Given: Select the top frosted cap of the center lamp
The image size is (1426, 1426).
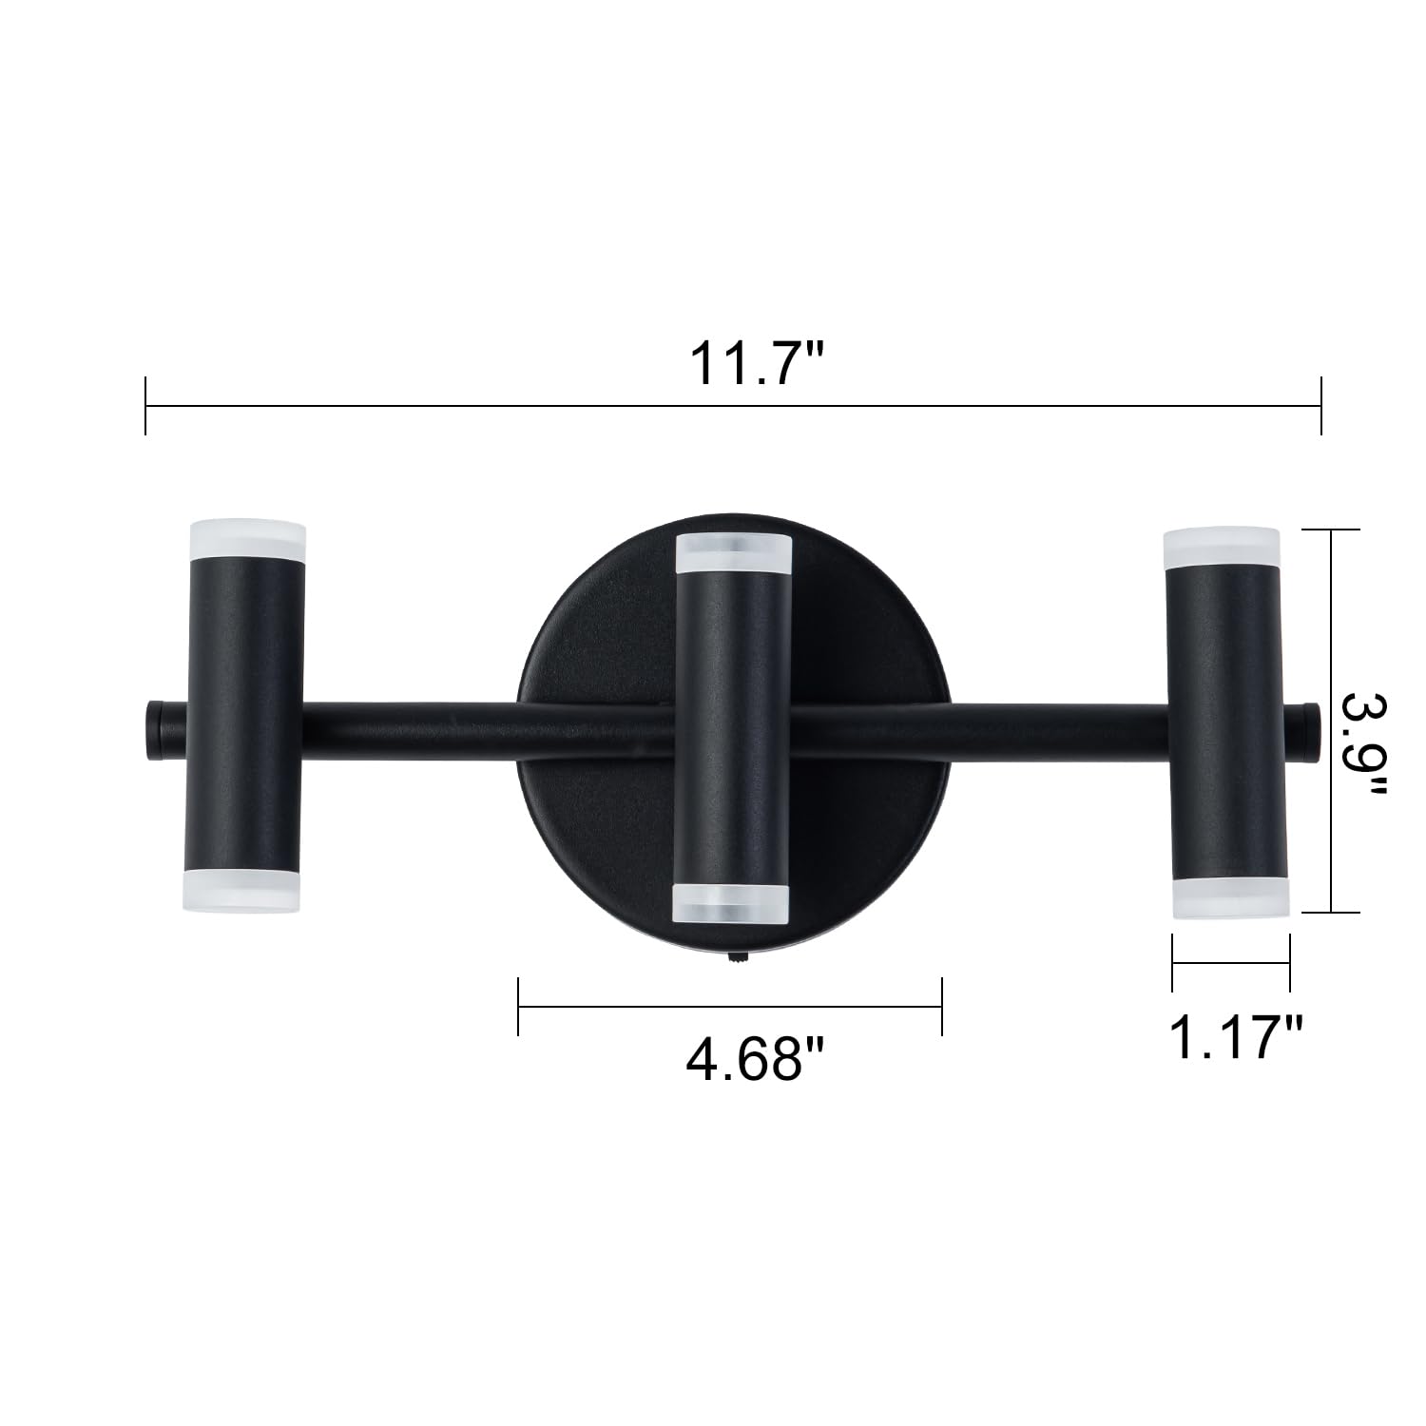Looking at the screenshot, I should click(x=732, y=554).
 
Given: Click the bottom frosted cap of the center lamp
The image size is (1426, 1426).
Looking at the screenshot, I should click(x=731, y=903).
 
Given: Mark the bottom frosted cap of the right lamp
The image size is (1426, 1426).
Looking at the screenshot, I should click(x=1227, y=898).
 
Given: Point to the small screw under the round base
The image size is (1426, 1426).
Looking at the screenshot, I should click(x=734, y=962).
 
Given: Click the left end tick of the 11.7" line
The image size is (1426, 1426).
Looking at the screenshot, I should click(x=145, y=406).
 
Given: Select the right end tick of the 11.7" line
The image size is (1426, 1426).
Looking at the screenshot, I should click(x=1321, y=406).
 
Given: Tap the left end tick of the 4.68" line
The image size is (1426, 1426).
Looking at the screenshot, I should click(x=518, y=1006).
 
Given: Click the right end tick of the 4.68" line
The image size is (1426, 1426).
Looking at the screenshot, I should click(x=941, y=1006).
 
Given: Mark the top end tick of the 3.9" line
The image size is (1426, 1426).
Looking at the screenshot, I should click(x=1331, y=530).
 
